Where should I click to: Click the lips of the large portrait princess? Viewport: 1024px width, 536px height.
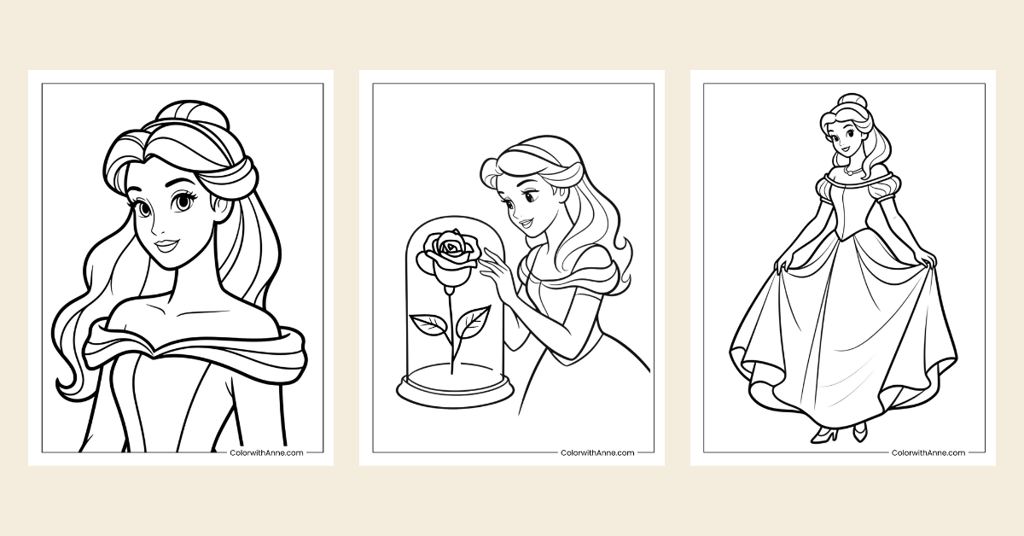tap(167, 246)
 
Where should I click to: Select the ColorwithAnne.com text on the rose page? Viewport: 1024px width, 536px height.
tap(597, 452)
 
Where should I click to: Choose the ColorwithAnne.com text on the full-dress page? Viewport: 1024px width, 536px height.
tap(928, 452)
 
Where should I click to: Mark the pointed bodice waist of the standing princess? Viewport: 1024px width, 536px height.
tap(844, 242)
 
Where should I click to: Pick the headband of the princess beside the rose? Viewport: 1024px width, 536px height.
tap(520, 158)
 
